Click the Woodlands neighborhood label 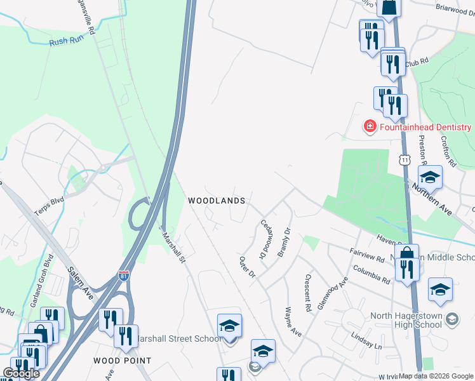(x=217, y=201)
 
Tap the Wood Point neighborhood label (x=123, y=361)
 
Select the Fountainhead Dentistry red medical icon (x=369, y=127)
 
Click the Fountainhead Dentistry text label (x=425, y=127)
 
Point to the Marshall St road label (x=173, y=246)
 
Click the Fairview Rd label (x=367, y=256)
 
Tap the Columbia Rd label (x=373, y=276)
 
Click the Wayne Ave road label (x=293, y=322)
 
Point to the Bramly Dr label (x=283, y=242)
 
